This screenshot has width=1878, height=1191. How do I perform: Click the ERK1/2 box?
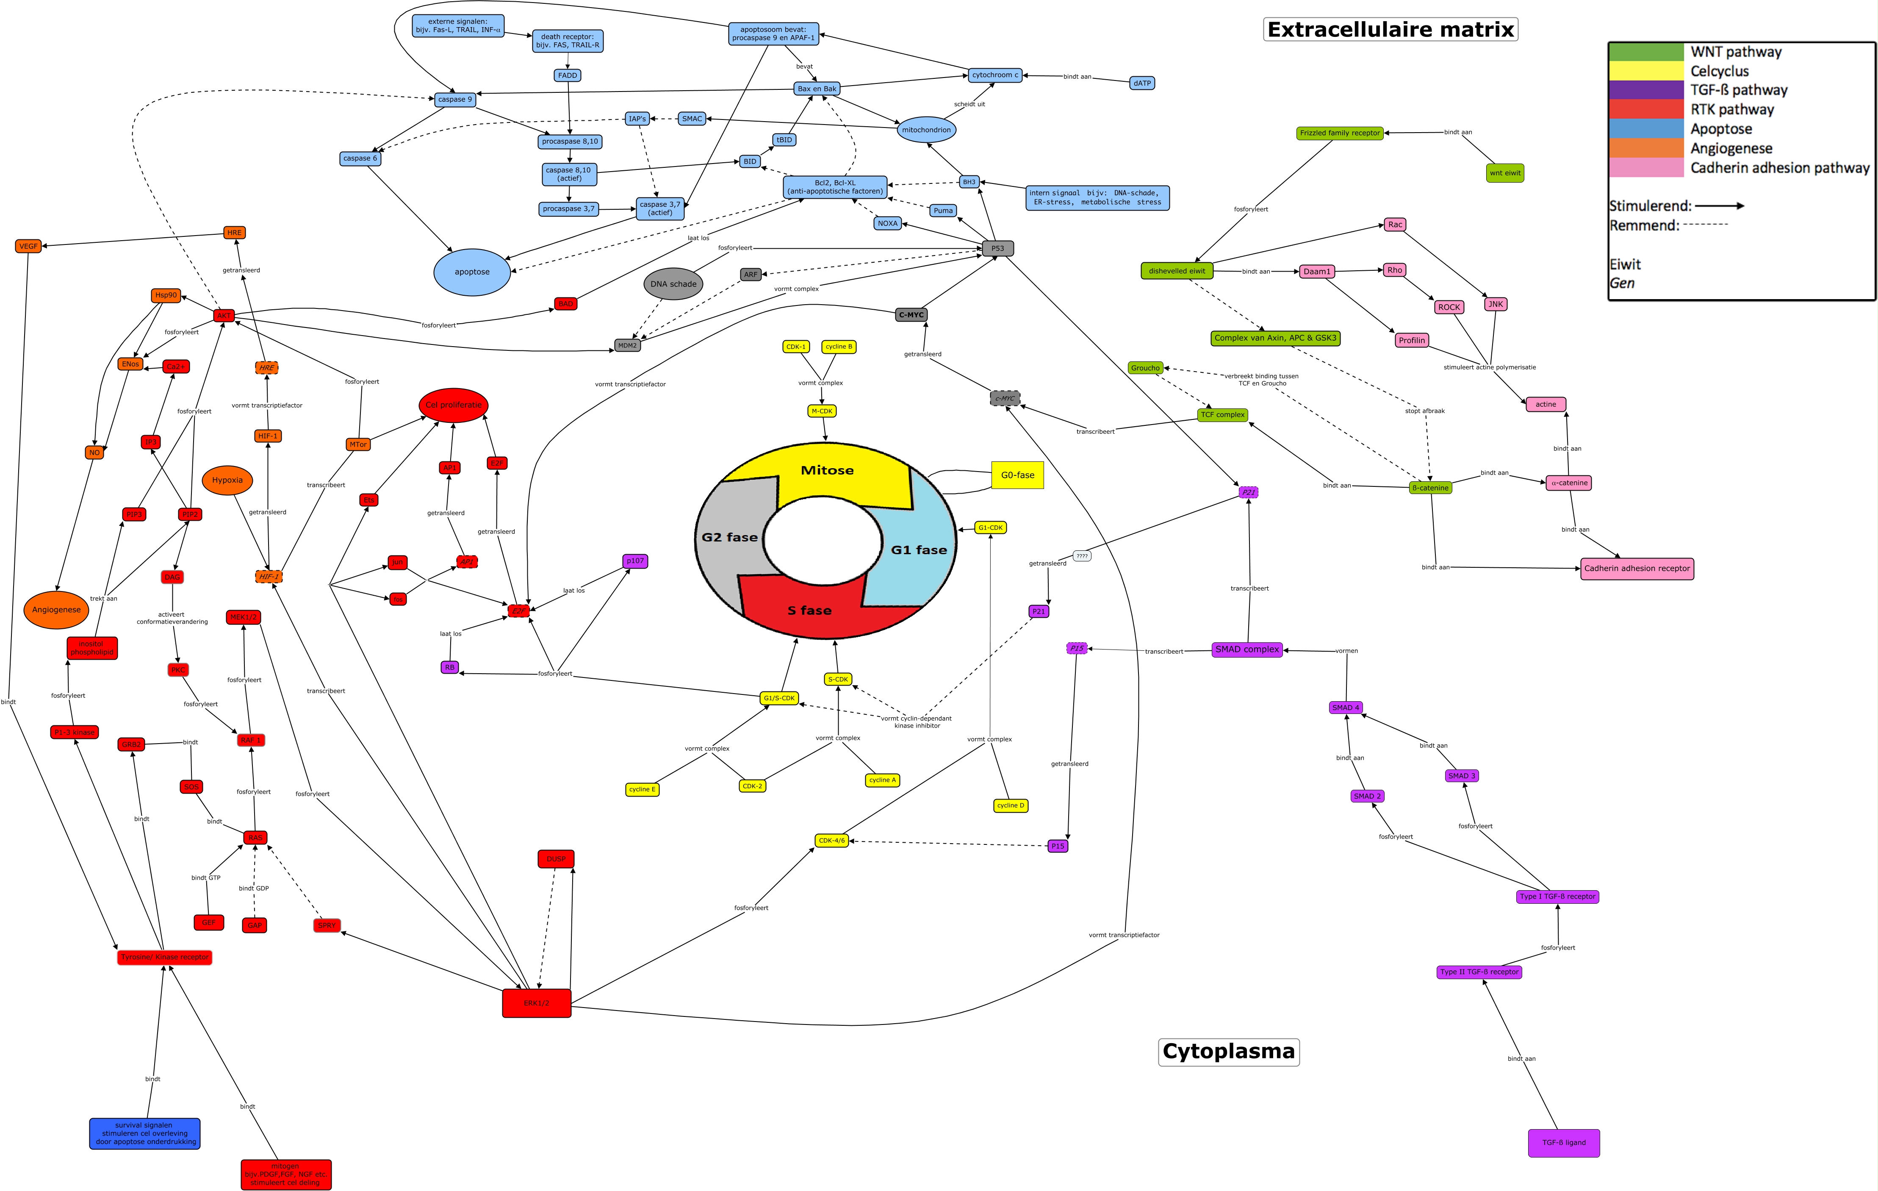click(537, 1003)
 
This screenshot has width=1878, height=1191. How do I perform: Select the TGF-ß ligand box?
click(1564, 1143)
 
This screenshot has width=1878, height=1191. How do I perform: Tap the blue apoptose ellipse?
click(472, 272)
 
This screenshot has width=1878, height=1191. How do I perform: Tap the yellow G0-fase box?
click(1017, 475)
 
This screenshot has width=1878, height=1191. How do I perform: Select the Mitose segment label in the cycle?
click(827, 470)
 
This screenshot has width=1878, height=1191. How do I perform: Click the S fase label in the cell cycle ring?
click(809, 611)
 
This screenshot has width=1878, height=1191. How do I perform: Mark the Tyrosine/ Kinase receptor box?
click(165, 957)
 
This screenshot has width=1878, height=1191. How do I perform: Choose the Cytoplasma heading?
click(1228, 1051)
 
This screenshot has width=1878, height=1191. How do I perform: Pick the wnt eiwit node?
click(1504, 173)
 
